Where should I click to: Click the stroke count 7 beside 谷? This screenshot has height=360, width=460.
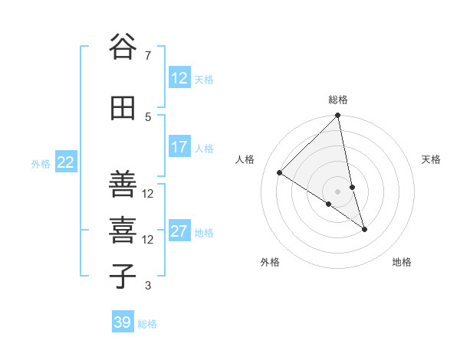tap(147, 55)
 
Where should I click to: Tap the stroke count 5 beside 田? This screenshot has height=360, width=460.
tap(147, 116)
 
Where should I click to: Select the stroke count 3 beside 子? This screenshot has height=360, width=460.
tap(147, 286)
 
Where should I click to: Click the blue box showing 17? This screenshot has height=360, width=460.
tap(179, 147)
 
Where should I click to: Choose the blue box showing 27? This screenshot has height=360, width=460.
tap(179, 231)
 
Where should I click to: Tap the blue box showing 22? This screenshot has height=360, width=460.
tap(66, 162)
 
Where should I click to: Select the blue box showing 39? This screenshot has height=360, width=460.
tap(123, 322)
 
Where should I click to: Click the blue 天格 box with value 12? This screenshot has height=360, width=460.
tap(179, 78)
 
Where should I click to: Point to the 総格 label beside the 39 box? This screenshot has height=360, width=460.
tap(147, 324)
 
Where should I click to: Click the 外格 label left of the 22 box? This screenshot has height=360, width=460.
tap(41, 163)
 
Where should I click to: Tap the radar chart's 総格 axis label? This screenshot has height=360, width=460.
tap(338, 100)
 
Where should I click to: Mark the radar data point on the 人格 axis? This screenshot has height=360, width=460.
tap(280, 173)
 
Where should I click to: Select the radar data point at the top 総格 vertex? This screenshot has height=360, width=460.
tap(338, 116)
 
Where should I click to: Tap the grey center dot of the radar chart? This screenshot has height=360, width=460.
tap(338, 191)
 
